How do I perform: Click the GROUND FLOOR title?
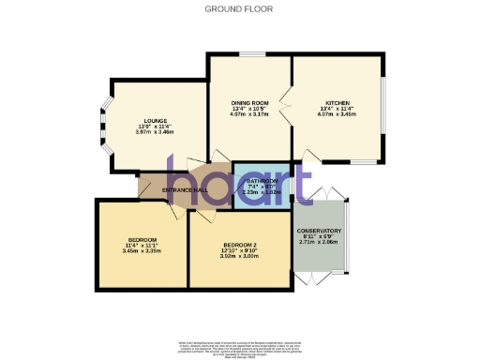(239, 8)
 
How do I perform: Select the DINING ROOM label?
(250, 102)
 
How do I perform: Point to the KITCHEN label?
(337, 102)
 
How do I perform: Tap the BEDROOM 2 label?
(241, 245)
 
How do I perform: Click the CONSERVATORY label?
(319, 231)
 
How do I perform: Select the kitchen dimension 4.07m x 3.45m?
(337, 113)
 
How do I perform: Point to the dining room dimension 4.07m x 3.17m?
(250, 113)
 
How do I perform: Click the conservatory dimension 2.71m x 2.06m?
(319, 242)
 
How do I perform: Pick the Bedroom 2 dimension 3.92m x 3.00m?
(241, 256)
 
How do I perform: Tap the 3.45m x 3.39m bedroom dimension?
(142, 250)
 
